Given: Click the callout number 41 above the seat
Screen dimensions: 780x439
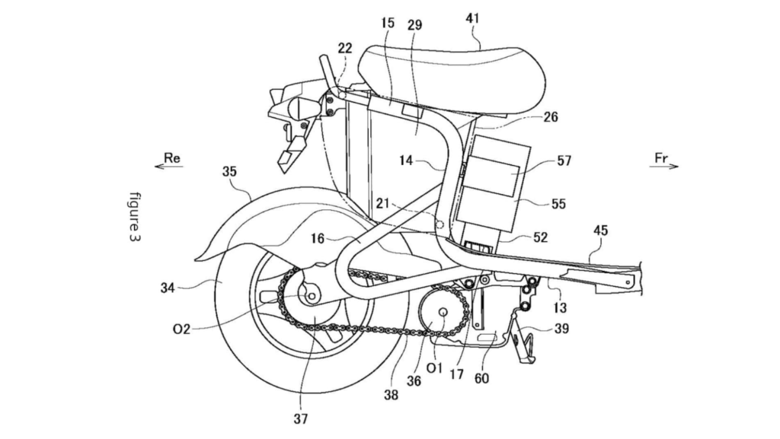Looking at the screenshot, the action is pyautogui.click(x=472, y=18).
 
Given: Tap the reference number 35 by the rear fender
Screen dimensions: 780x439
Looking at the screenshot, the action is pyautogui.click(x=229, y=172).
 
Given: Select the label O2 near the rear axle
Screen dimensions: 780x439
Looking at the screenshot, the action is pyautogui.click(x=181, y=329).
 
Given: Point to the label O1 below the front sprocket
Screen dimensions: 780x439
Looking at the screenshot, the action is pyautogui.click(x=434, y=368).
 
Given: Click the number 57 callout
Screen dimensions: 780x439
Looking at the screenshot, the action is pyautogui.click(x=564, y=161).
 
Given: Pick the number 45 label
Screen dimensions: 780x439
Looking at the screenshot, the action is pyautogui.click(x=601, y=231).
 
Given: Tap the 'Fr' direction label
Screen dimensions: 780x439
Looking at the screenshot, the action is pyautogui.click(x=660, y=158).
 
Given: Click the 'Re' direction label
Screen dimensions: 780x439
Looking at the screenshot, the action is pyautogui.click(x=172, y=158).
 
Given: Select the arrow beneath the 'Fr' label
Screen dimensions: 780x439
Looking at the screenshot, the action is pyautogui.click(x=664, y=167).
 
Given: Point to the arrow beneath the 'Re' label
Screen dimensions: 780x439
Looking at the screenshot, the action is pyautogui.click(x=169, y=167).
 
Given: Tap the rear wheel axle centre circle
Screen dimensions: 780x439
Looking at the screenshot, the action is pyautogui.click(x=312, y=297).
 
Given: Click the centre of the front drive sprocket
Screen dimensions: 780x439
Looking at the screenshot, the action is pyautogui.click(x=443, y=312).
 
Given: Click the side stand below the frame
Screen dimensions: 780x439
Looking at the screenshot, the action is pyautogui.click(x=525, y=342).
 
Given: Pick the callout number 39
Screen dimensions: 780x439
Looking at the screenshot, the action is pyautogui.click(x=561, y=329).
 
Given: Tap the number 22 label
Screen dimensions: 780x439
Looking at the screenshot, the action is pyautogui.click(x=345, y=48).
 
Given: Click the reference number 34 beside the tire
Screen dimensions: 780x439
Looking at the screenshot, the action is pyautogui.click(x=168, y=288).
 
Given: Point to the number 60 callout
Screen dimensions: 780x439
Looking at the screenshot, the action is pyautogui.click(x=481, y=378).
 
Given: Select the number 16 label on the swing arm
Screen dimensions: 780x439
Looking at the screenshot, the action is pyautogui.click(x=318, y=239).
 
